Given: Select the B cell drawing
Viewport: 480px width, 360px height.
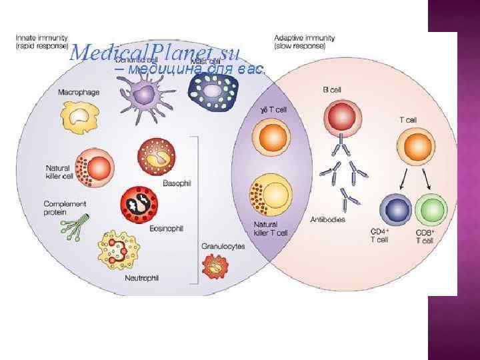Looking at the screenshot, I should click(x=341, y=117).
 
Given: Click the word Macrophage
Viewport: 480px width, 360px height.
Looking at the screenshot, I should click(x=79, y=92).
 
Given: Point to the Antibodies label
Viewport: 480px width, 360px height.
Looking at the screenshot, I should click(x=328, y=219).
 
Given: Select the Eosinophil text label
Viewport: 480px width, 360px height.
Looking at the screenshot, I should click(x=165, y=229).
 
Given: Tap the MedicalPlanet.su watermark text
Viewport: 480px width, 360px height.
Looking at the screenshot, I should click(x=157, y=52).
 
